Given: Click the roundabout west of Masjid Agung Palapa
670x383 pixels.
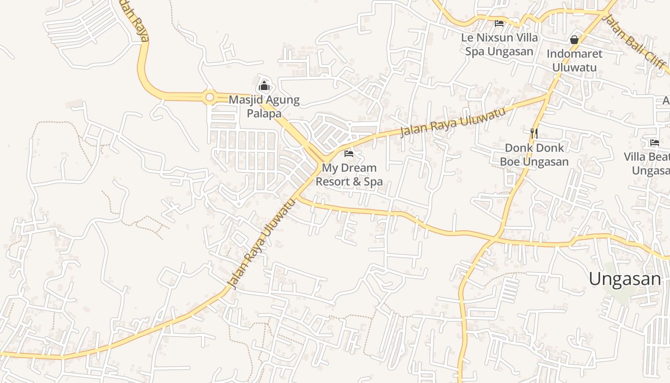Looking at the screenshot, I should point(209,98).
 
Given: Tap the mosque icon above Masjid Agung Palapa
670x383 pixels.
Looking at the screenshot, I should point(264,86).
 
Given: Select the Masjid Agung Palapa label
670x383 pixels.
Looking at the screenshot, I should point(264,107).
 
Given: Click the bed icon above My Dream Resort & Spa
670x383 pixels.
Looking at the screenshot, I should point(349,154).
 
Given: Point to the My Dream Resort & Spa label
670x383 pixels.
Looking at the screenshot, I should point(349,175).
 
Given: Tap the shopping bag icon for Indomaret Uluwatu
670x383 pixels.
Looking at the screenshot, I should point(574,40).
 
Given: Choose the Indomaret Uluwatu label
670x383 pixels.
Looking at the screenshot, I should point(574,60).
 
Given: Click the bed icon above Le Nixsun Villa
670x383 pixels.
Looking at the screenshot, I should point(499,23).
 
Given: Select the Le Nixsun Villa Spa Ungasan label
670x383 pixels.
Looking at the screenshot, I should point(500,44).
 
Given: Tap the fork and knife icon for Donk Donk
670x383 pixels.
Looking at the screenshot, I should point(534,133).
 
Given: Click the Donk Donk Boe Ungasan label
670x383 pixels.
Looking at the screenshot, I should point(534,155).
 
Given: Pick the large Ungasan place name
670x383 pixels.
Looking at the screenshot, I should point(625,279).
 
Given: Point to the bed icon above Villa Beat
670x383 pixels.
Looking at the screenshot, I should point(654,142).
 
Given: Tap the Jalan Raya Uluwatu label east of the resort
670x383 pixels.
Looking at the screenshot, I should point(452,122).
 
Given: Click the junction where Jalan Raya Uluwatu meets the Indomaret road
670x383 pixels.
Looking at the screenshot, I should point(548,95).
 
